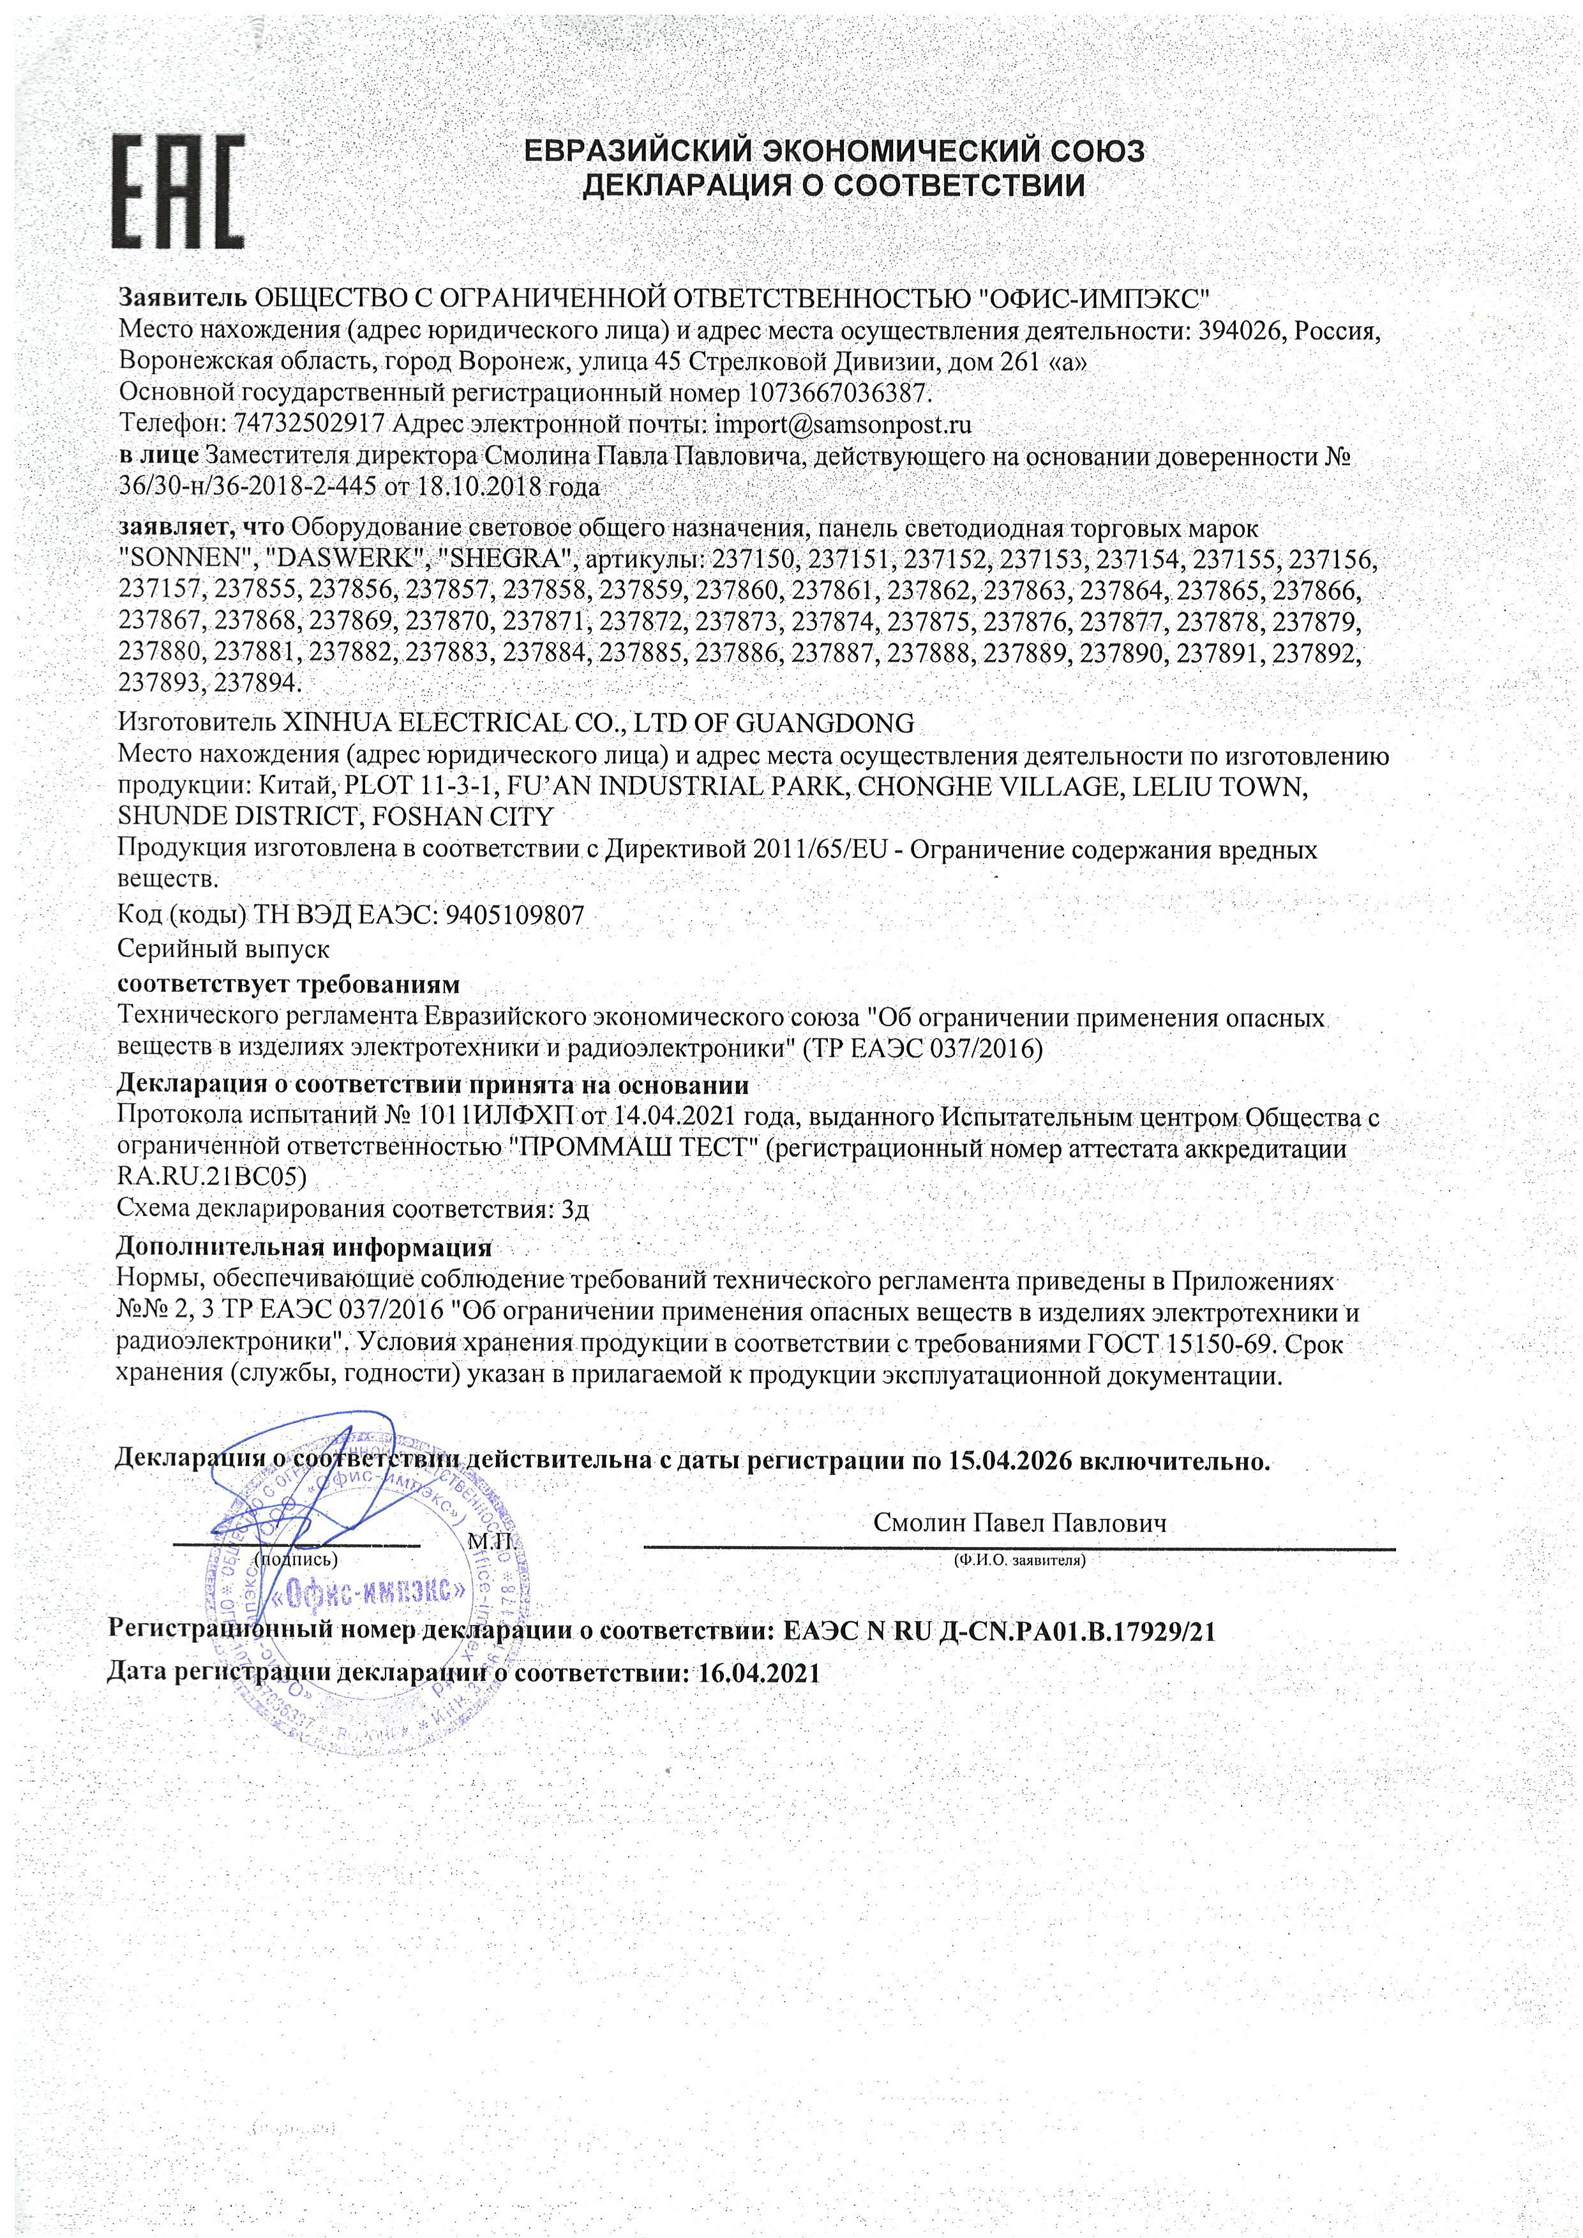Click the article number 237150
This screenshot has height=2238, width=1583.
click(x=754, y=559)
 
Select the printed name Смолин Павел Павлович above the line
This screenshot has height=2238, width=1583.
click(x=1019, y=1523)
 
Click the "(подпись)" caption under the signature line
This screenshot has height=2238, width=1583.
click(x=296, y=1560)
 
